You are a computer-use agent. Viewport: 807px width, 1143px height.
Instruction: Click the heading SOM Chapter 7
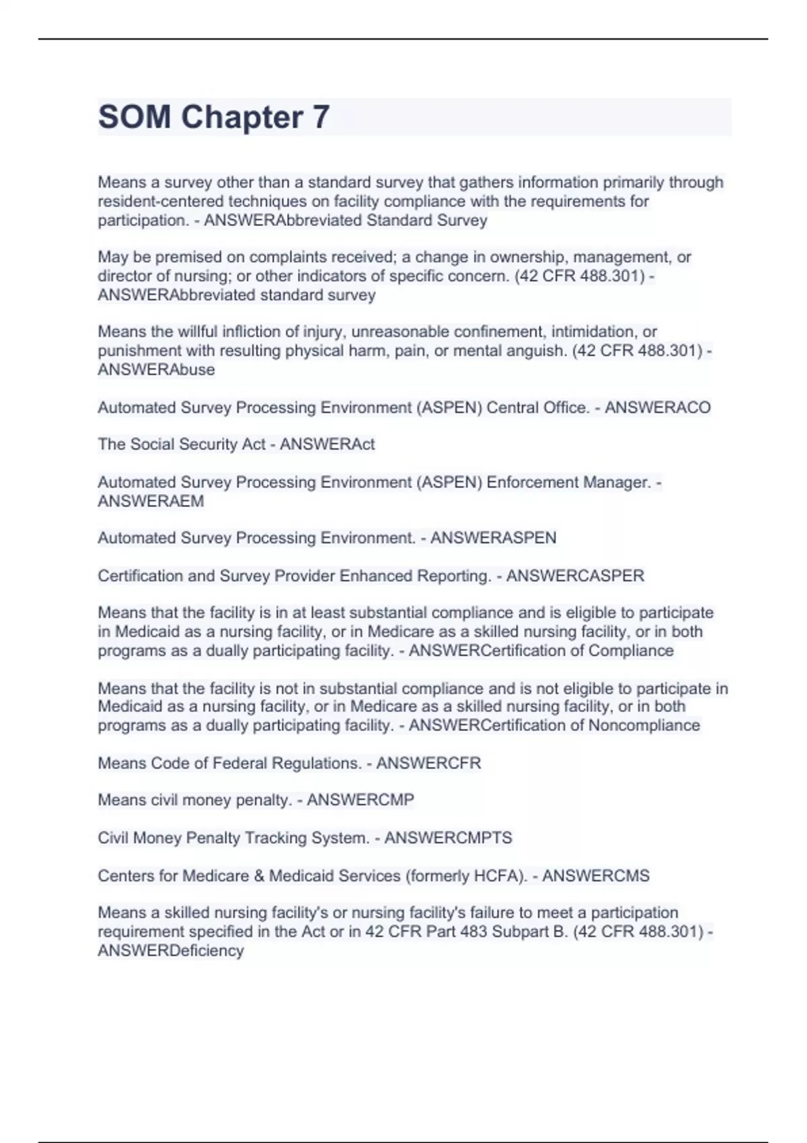(x=214, y=117)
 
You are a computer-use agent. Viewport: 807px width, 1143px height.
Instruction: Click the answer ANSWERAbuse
(x=156, y=370)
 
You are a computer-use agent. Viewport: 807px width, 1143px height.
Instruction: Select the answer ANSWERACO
(x=657, y=407)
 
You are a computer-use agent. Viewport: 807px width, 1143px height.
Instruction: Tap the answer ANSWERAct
(x=327, y=444)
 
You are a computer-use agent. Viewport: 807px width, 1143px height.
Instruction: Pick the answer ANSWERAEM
(x=151, y=502)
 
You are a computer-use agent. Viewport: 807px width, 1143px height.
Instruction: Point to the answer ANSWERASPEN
(x=493, y=538)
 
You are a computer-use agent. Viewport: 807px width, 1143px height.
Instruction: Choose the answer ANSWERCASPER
(x=575, y=576)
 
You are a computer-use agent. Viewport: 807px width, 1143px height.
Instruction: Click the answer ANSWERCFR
(x=428, y=763)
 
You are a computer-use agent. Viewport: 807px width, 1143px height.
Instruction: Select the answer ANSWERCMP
(x=360, y=800)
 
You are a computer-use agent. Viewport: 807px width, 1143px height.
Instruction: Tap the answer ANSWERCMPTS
(x=448, y=838)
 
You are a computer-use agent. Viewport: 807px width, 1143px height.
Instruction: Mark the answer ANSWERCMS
(x=595, y=876)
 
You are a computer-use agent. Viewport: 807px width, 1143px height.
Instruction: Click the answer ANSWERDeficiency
(x=171, y=951)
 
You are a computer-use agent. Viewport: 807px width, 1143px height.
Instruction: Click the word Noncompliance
(x=644, y=725)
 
